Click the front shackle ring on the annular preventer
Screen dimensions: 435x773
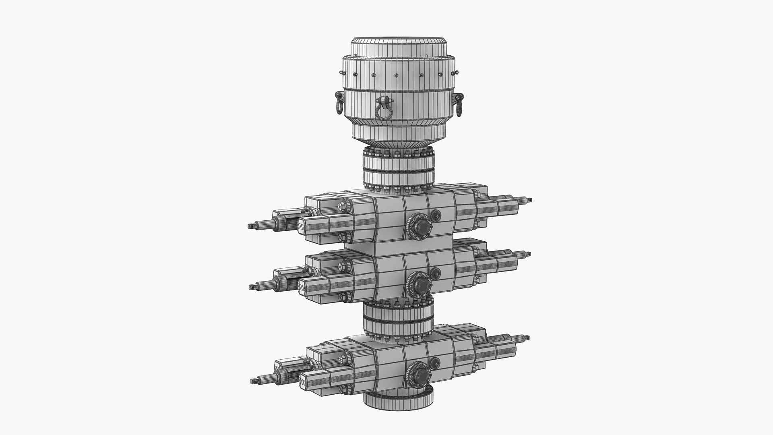pyautogui.click(x=383, y=109)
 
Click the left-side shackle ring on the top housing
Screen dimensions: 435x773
pyautogui.click(x=339, y=103)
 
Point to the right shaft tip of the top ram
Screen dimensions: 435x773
pyautogui.click(x=528, y=200)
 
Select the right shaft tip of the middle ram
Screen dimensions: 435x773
pyautogui.click(x=528, y=255)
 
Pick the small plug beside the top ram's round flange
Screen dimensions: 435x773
pyautogui.click(x=436, y=215)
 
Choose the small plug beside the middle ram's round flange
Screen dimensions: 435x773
pyautogui.click(x=435, y=273)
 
